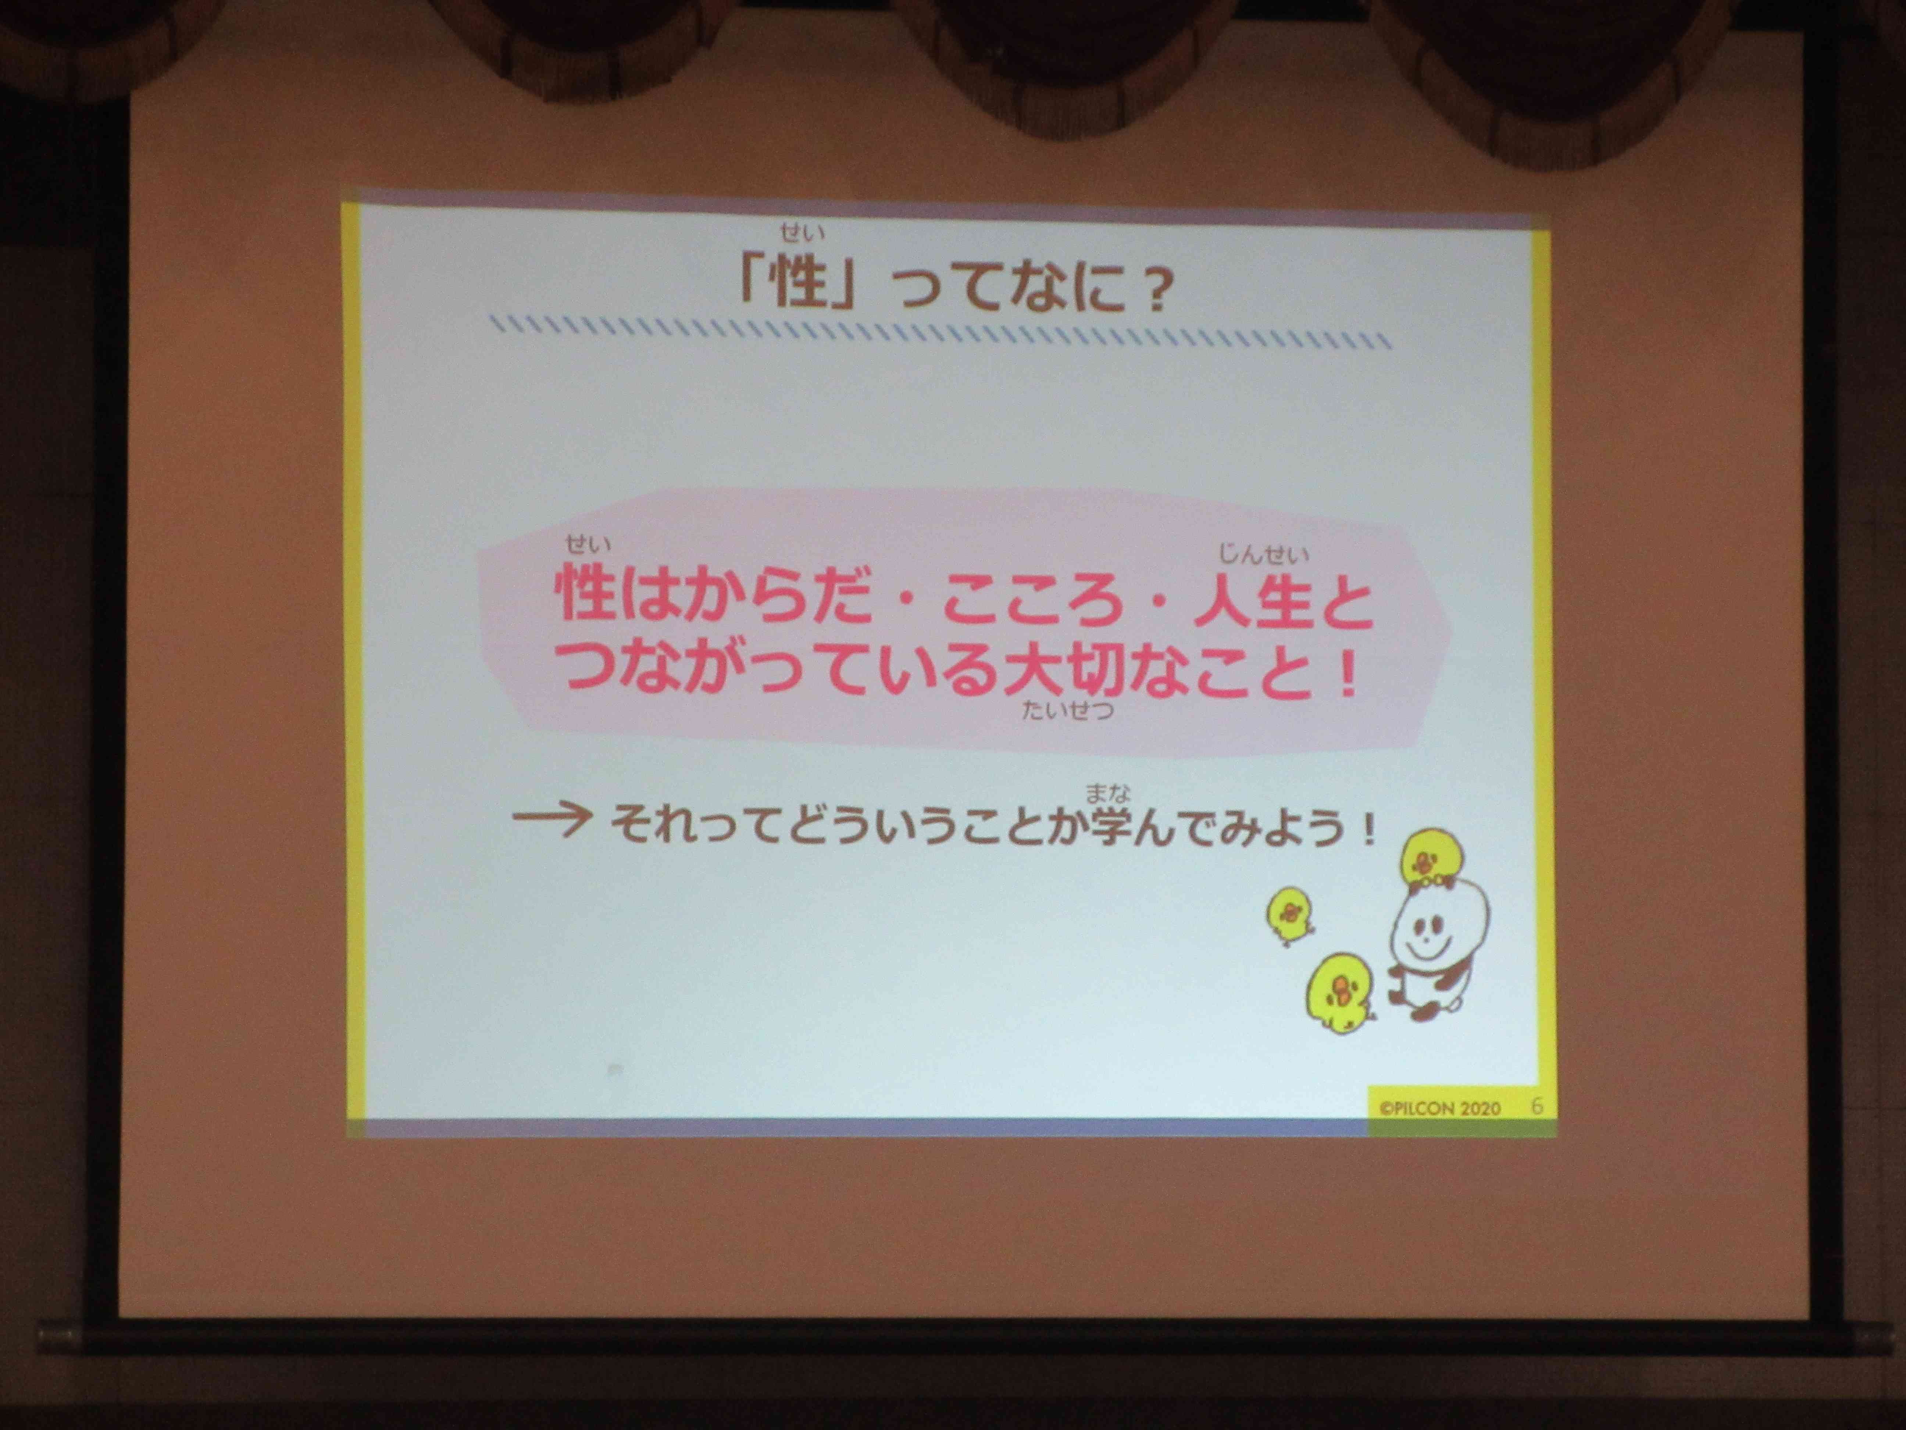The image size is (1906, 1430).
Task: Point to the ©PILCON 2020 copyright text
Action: [1439, 1108]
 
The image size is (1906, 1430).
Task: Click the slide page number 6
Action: [1537, 1106]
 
